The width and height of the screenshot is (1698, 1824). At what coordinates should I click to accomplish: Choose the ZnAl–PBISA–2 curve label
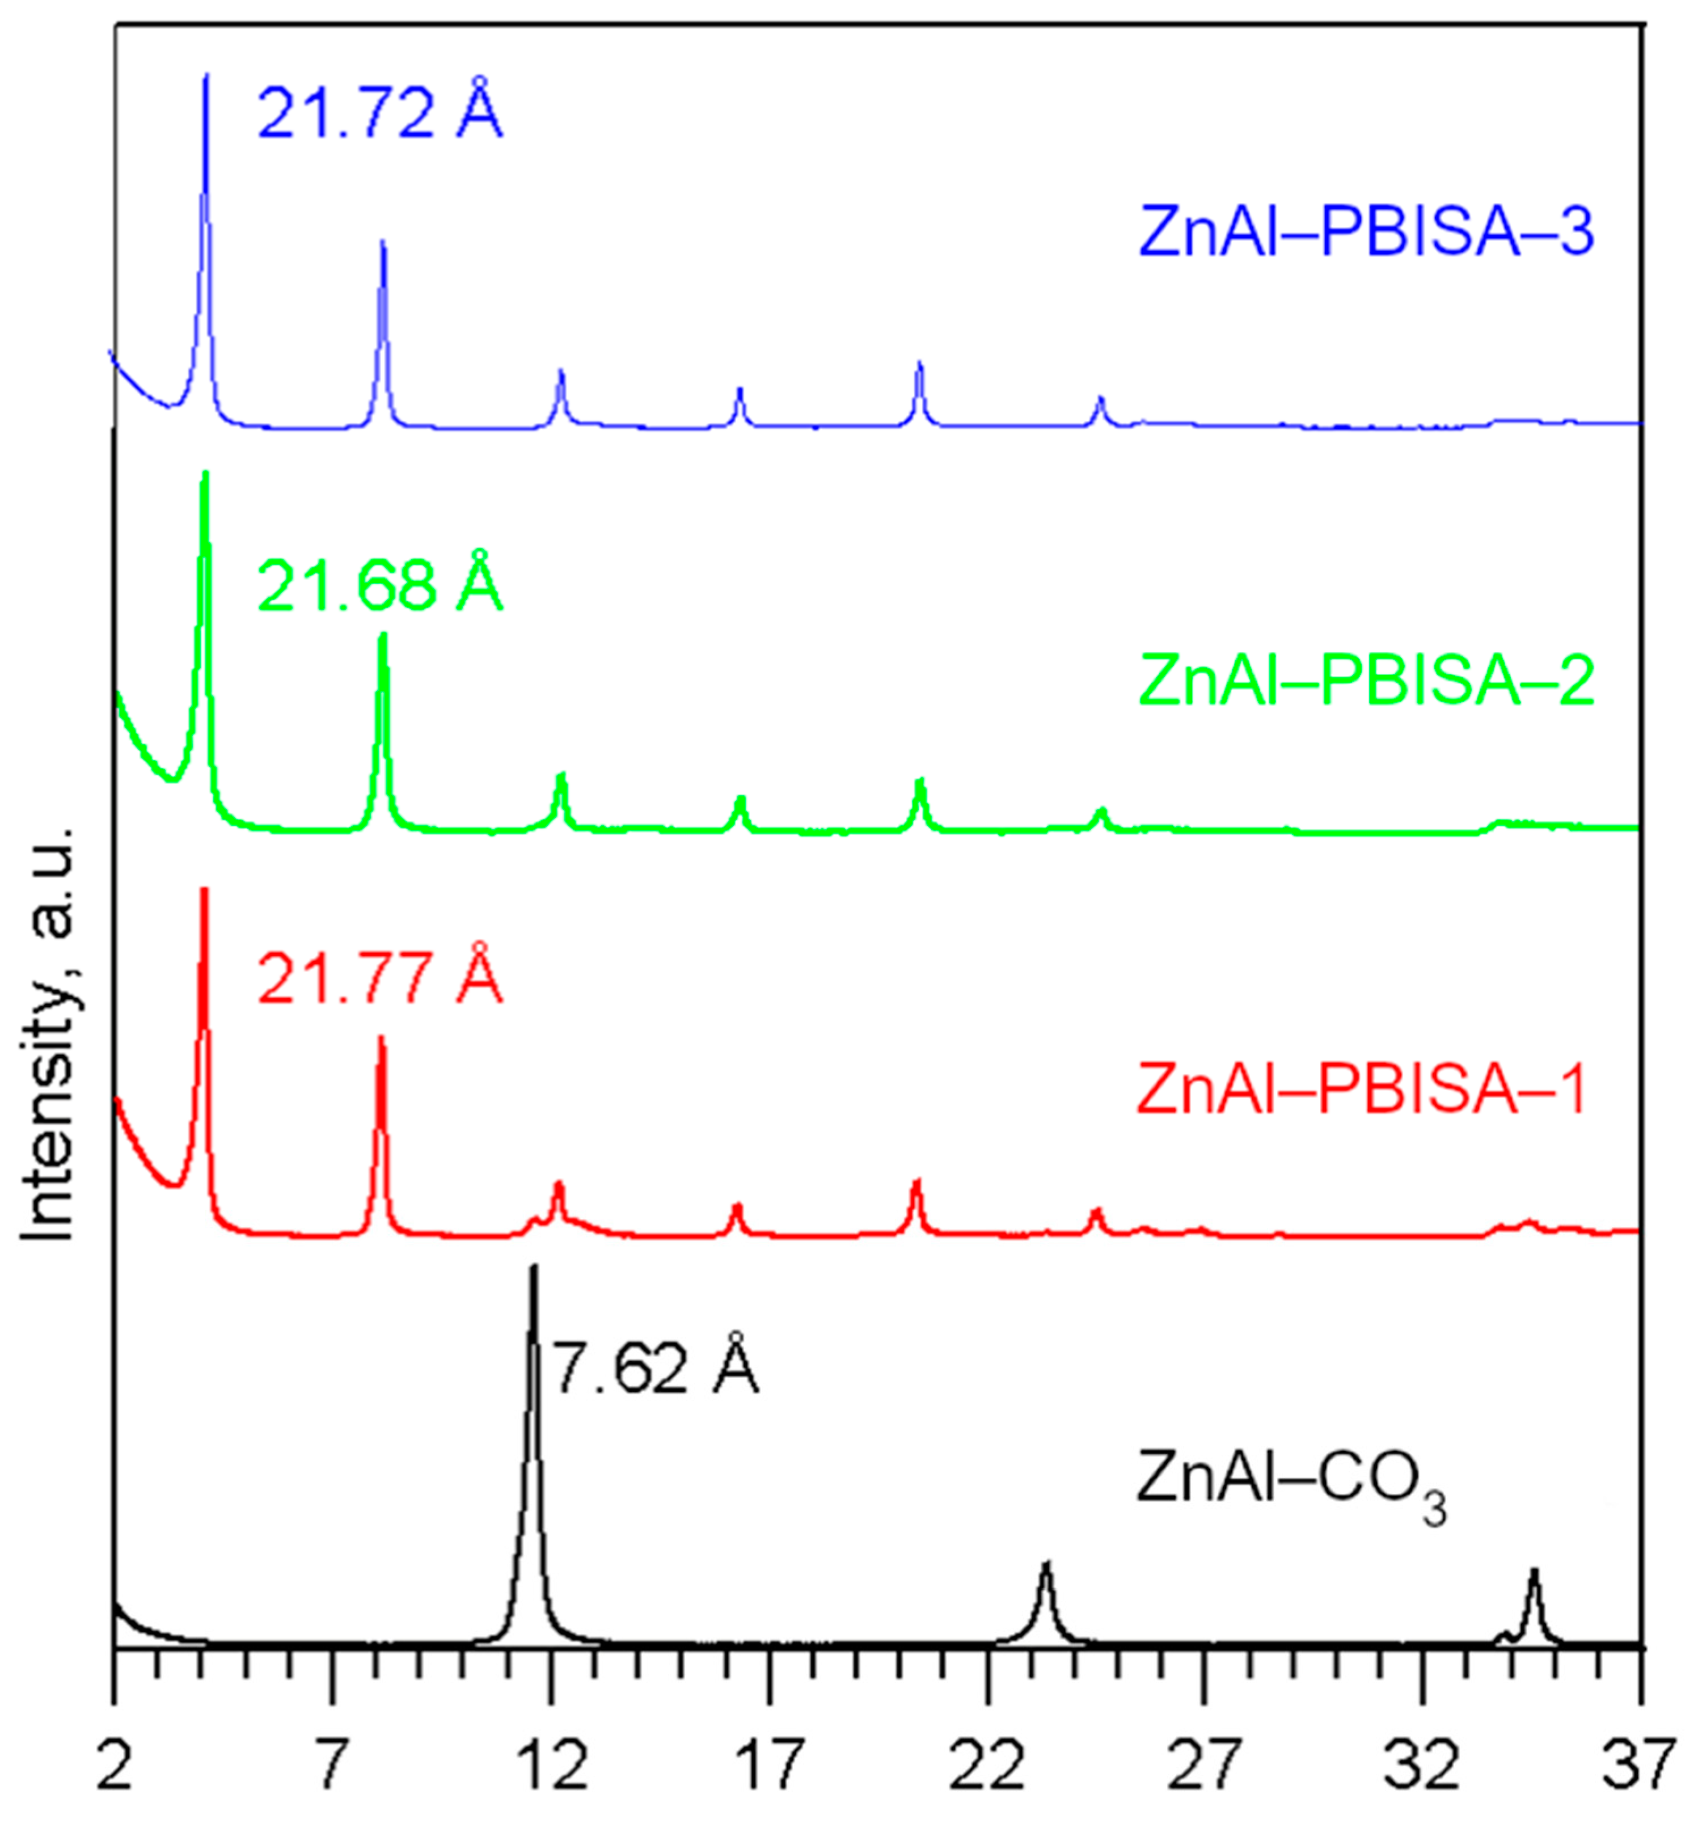[x=1366, y=680]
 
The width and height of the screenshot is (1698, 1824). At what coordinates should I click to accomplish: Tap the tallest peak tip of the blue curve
[x=205, y=75]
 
